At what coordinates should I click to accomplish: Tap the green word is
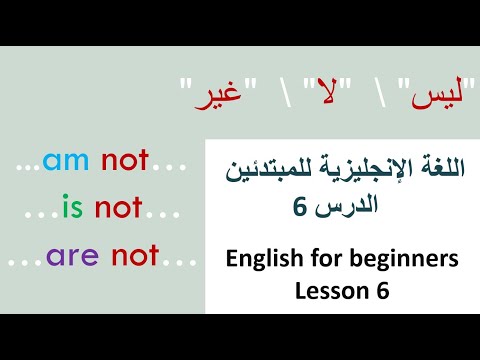(x=71, y=208)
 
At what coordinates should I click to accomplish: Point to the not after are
(x=135, y=256)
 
